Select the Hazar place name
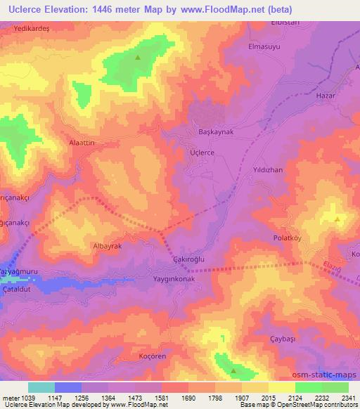point(328,94)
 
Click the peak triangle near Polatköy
point(337,220)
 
